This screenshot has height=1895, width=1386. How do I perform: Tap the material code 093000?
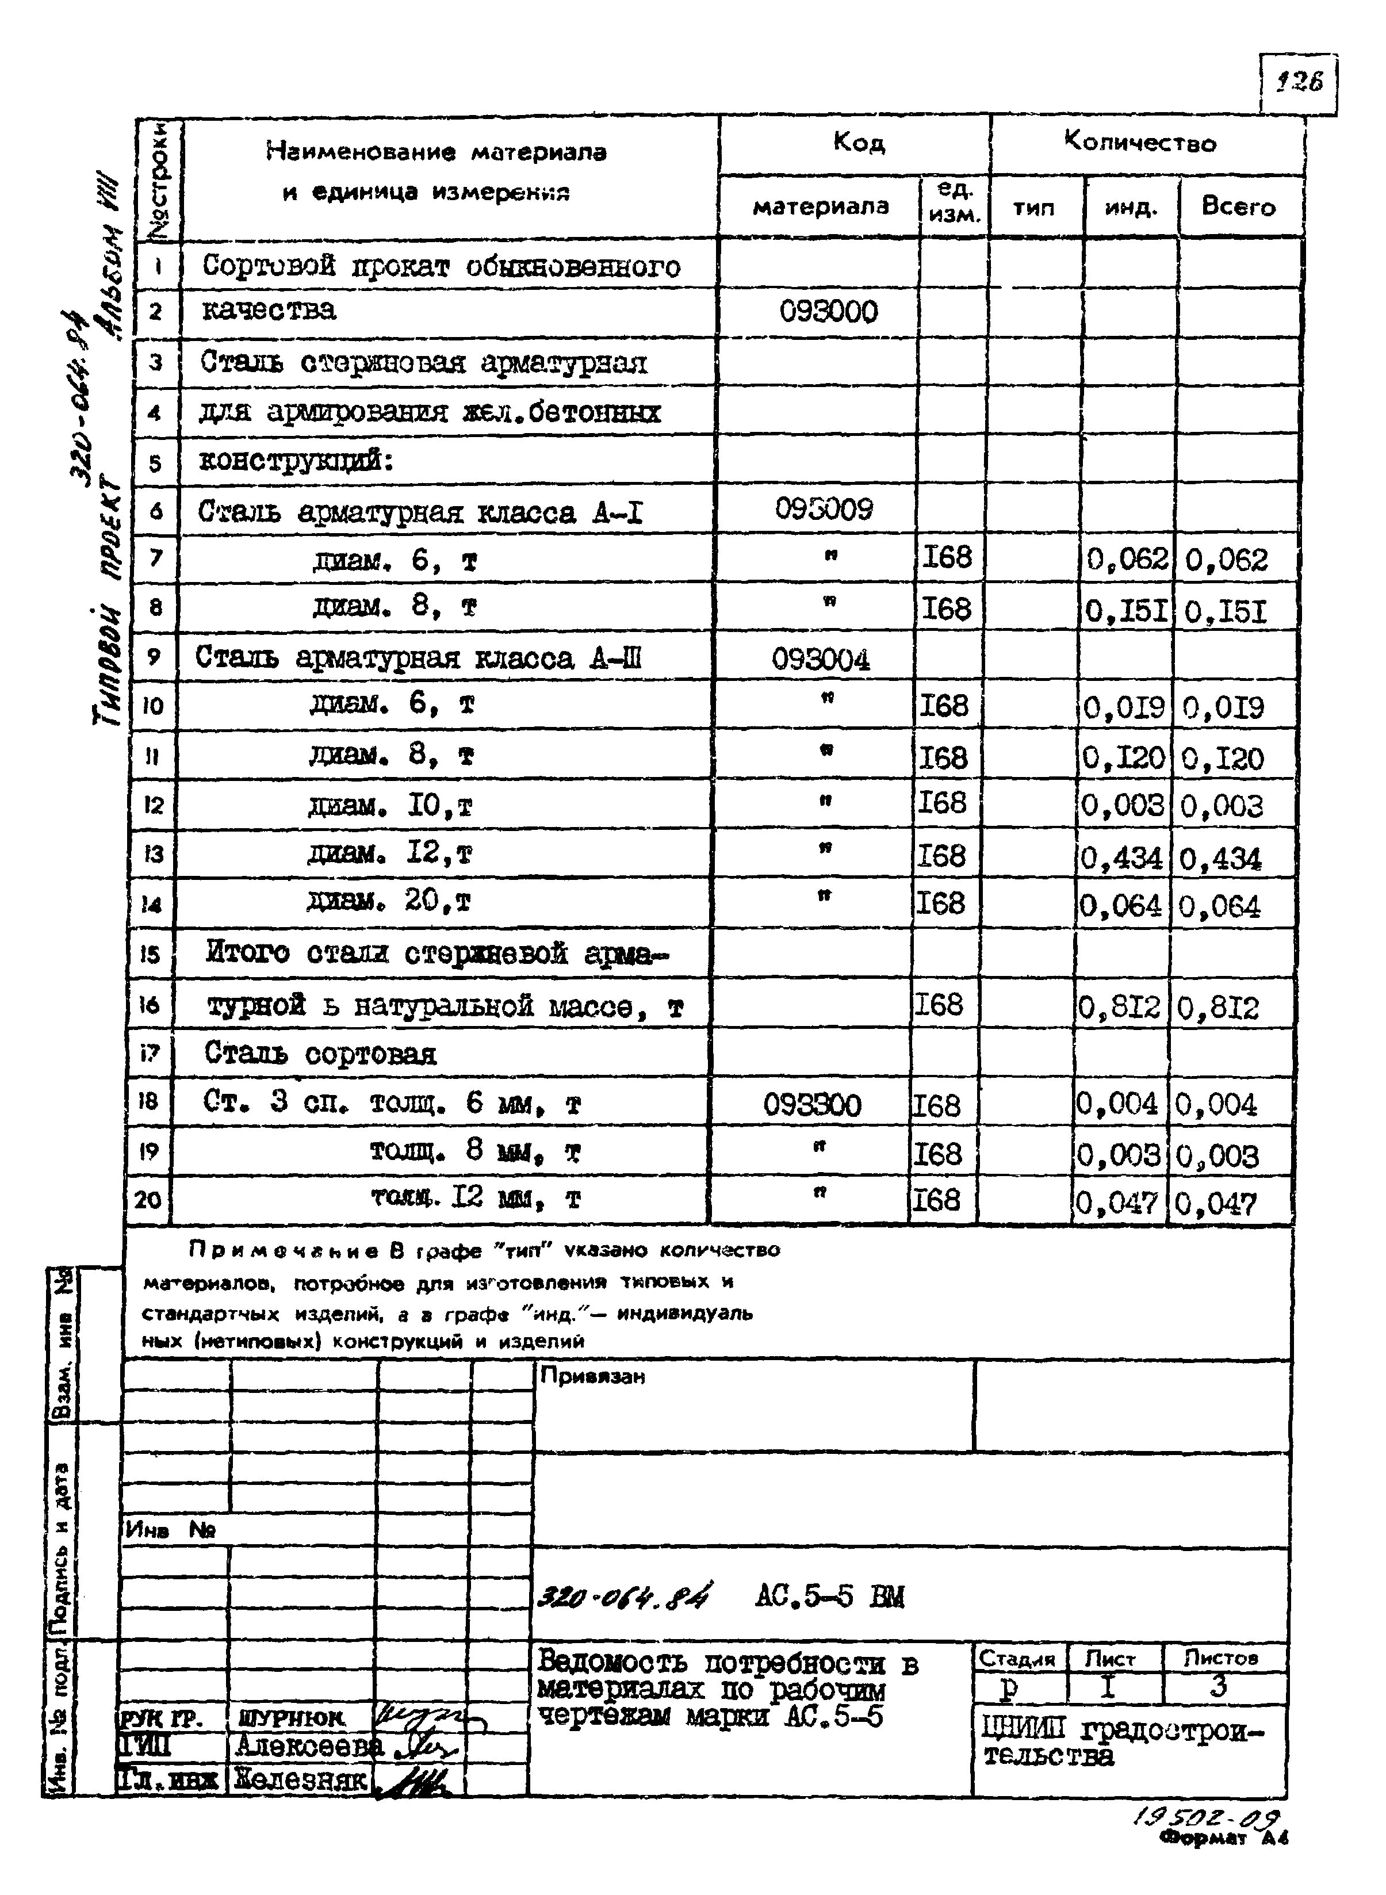(828, 312)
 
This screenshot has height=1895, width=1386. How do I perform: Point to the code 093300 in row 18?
(812, 1105)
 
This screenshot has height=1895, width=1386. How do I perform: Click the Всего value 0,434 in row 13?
(1220, 858)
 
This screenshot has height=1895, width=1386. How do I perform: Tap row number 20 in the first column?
(148, 1200)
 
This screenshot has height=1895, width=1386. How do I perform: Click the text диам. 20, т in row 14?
(389, 902)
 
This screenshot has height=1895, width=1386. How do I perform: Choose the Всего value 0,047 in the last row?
(1216, 1204)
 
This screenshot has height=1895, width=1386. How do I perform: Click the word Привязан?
(592, 1376)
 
